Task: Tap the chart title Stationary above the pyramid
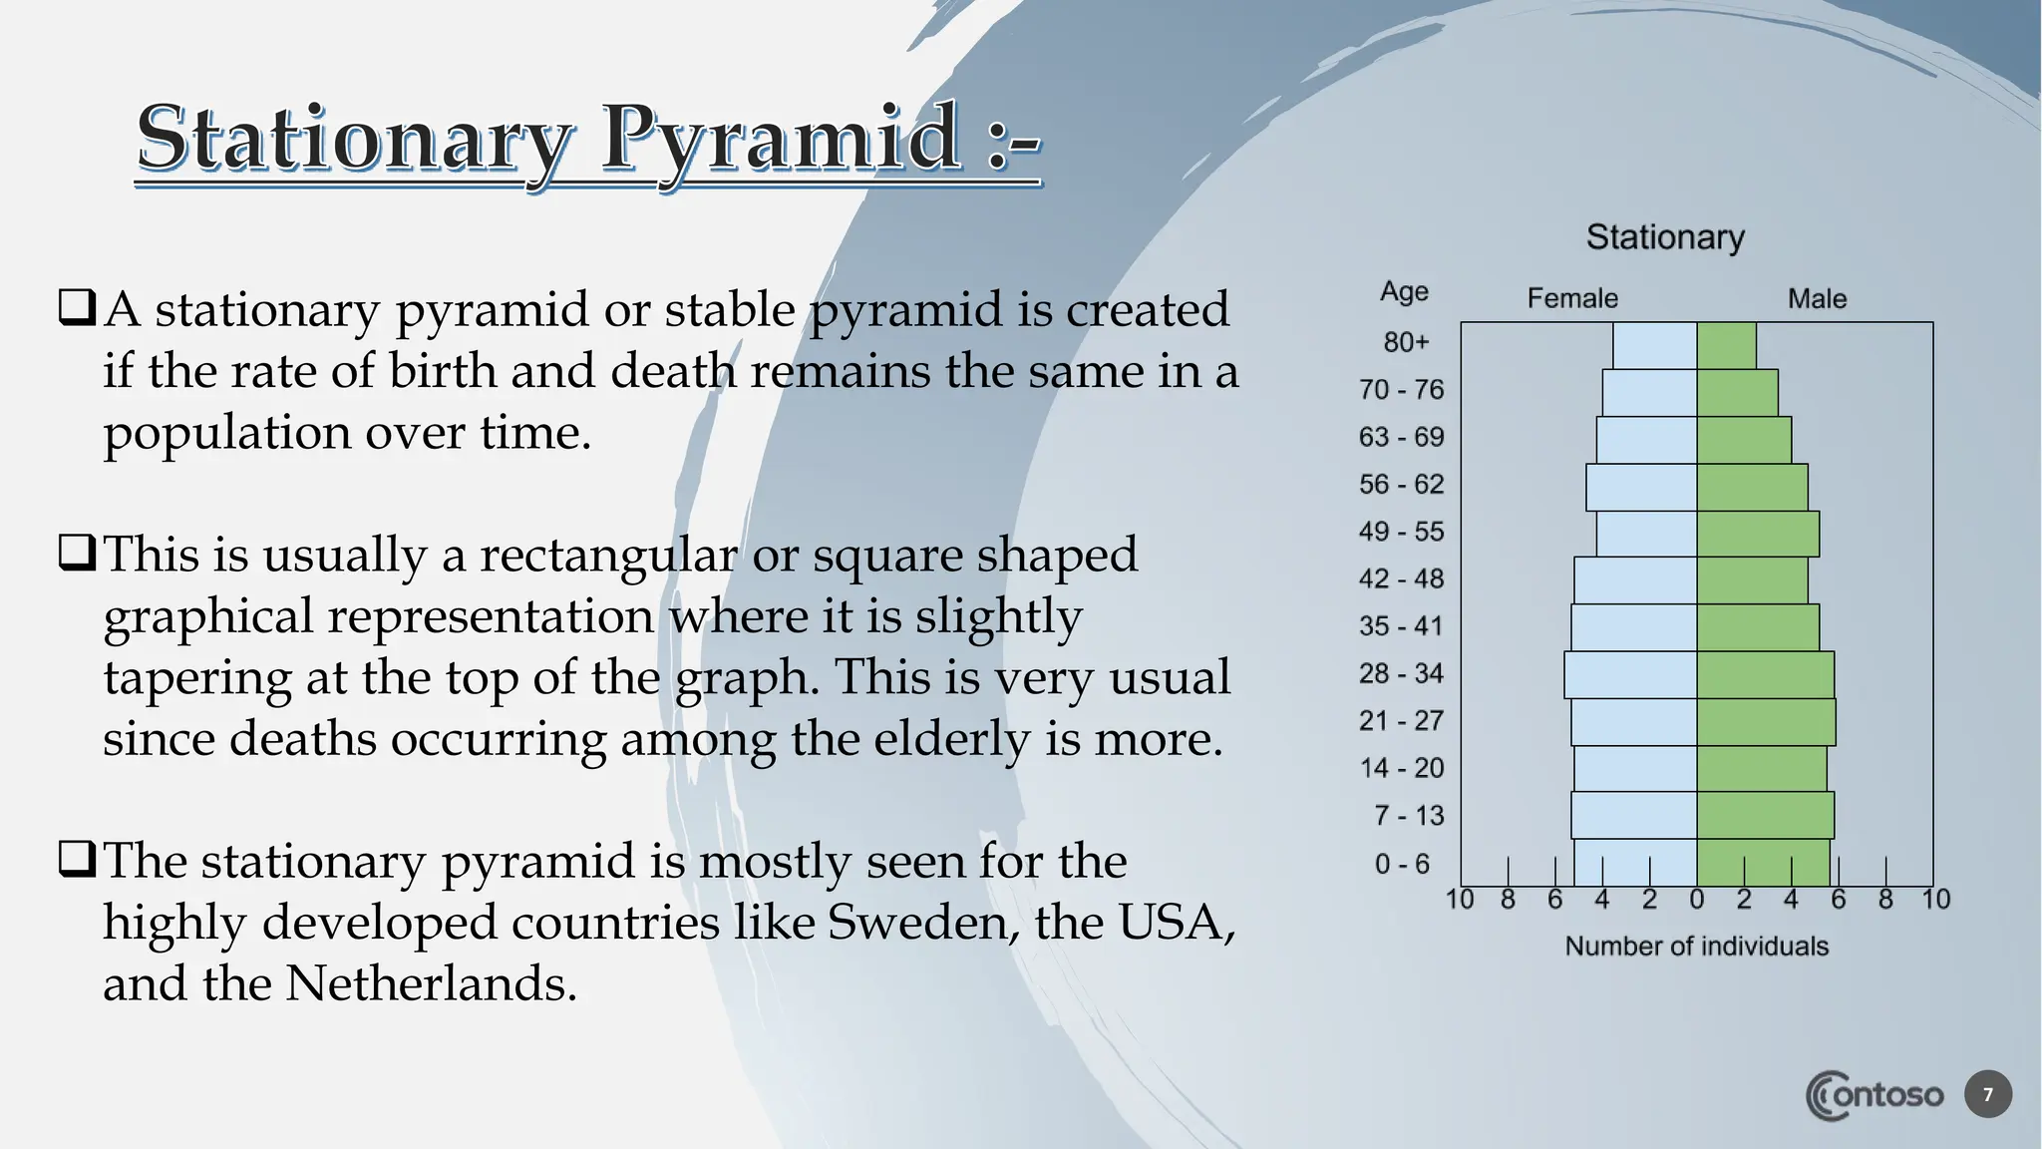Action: pyautogui.click(x=1665, y=237)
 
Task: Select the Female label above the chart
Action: pyautogui.click(x=1572, y=298)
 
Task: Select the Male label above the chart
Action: pyautogui.click(x=1817, y=298)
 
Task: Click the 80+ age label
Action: pyautogui.click(x=1406, y=342)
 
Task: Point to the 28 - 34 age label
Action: pyautogui.click(x=1401, y=673)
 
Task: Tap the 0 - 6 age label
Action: pyautogui.click(x=1402, y=864)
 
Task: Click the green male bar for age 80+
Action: pyautogui.click(x=1726, y=346)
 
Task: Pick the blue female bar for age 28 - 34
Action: pyautogui.click(x=1630, y=675)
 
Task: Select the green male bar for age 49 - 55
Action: pyautogui.click(x=1758, y=534)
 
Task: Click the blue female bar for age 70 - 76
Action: pyautogui.click(x=1649, y=393)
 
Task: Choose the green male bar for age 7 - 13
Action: pyautogui.click(x=1765, y=815)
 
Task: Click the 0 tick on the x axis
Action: pyautogui.click(x=1697, y=900)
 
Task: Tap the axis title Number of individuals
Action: pyautogui.click(x=1696, y=947)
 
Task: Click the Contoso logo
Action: pyautogui.click(x=1873, y=1095)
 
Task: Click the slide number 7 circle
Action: pyautogui.click(x=1987, y=1095)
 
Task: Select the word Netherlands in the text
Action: pyautogui.click(x=431, y=983)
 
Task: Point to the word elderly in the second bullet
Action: pyautogui.click(x=955, y=739)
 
